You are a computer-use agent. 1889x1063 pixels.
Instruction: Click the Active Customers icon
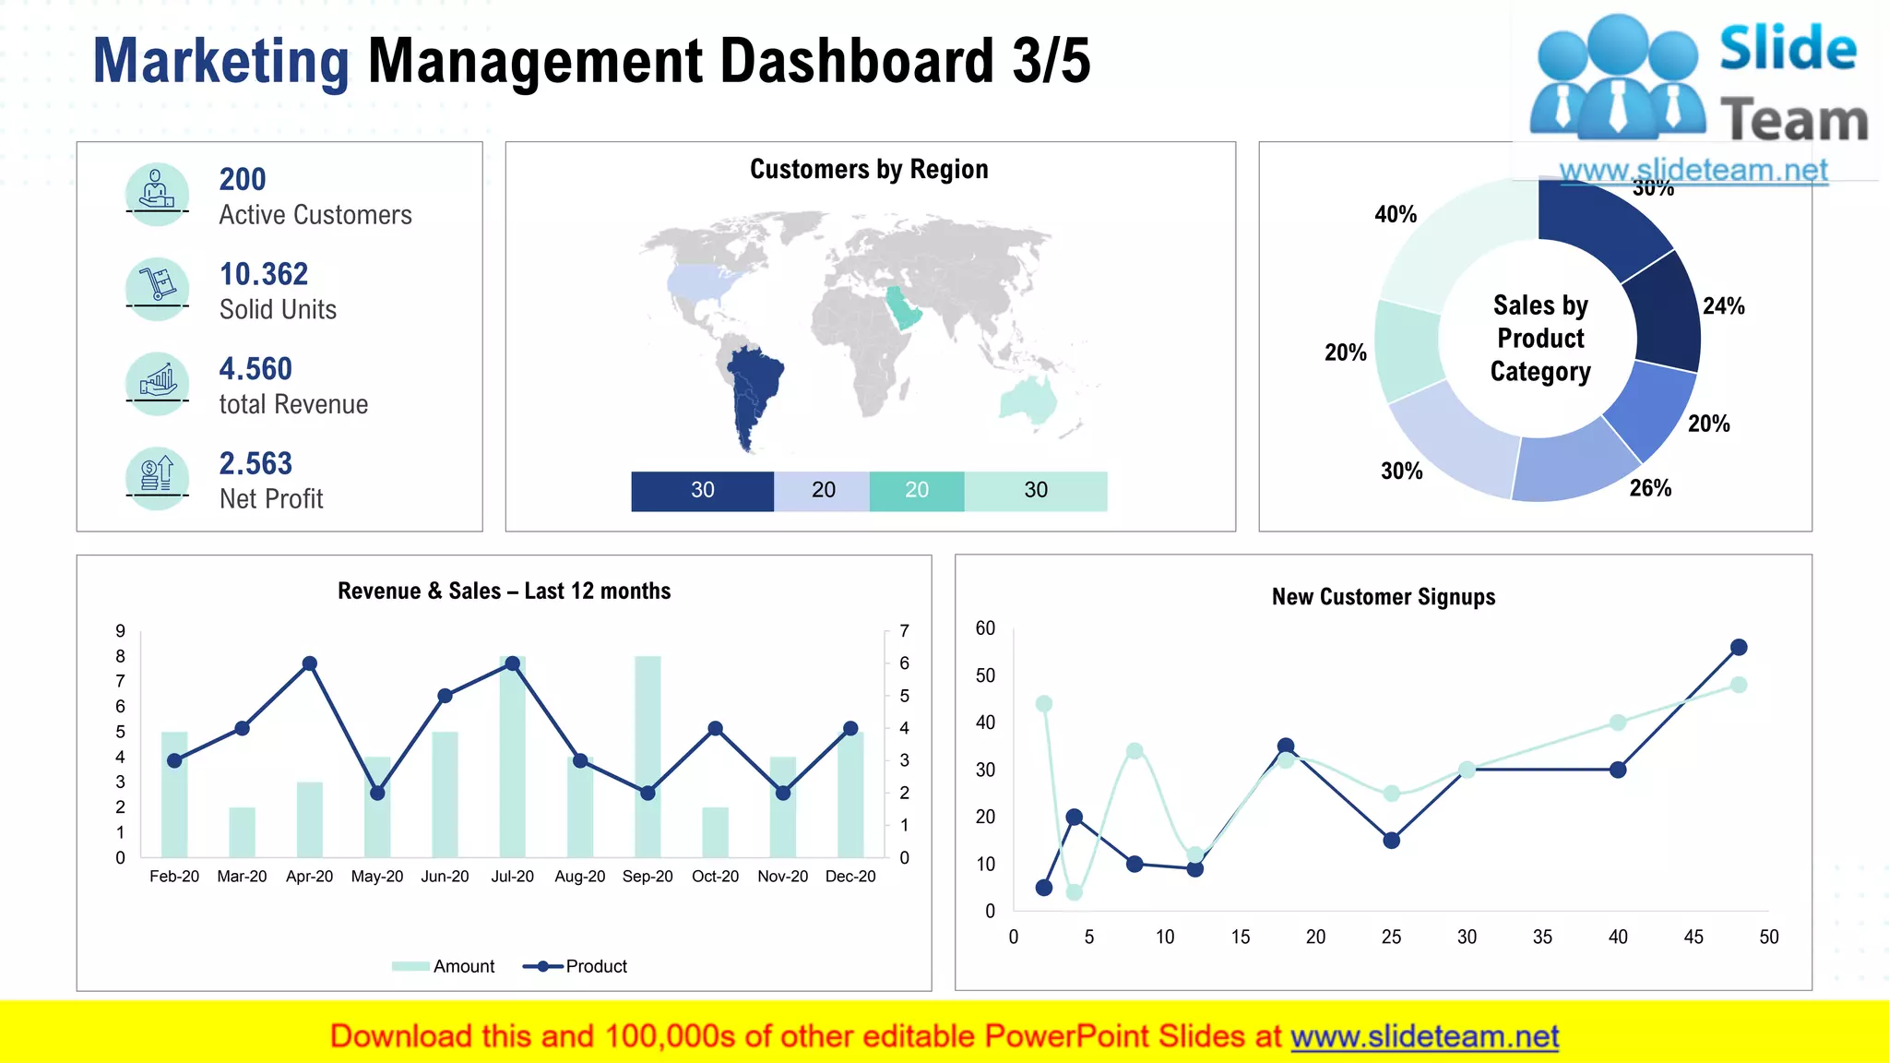tap(157, 193)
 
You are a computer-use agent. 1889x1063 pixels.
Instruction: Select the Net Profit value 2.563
tap(255, 463)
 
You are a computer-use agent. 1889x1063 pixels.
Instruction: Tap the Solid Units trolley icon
tap(157, 287)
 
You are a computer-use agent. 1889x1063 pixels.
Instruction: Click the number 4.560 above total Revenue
tap(255, 369)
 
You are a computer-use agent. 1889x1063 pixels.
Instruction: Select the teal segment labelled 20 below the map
tap(916, 491)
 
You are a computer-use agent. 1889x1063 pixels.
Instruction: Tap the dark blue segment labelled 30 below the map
tap(702, 491)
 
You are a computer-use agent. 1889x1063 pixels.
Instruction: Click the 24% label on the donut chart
tap(1723, 306)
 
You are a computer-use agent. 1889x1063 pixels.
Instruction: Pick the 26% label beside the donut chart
tap(1650, 488)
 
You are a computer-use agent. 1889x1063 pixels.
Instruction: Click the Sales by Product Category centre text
tap(1540, 339)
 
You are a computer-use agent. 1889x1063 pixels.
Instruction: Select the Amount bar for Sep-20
tap(647, 757)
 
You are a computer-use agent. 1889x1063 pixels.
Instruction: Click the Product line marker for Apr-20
tap(310, 663)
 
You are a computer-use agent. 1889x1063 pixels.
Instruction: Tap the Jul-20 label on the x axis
tap(512, 877)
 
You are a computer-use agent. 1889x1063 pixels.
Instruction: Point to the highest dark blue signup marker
tap(1739, 647)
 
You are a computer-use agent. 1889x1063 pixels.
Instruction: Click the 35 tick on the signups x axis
tap(1542, 938)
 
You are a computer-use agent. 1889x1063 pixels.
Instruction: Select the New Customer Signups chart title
tap(1384, 597)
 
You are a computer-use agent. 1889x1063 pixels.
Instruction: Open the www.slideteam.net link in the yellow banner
tap(1424, 1036)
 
